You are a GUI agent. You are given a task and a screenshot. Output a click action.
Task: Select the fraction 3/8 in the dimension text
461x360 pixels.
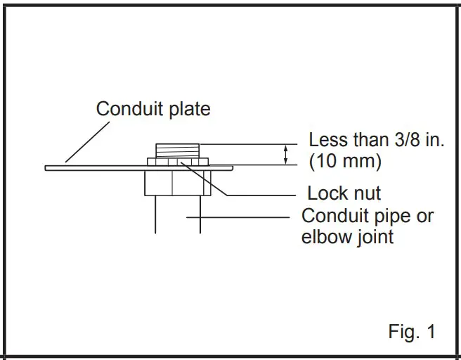pyautogui.click(x=401, y=139)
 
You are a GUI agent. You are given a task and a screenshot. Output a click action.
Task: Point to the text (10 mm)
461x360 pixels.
pyautogui.click(x=346, y=161)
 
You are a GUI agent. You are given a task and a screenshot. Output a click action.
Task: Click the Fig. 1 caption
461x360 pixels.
pyautogui.click(x=411, y=331)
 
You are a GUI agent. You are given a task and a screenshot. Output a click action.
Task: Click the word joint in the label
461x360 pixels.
pyautogui.click(x=377, y=236)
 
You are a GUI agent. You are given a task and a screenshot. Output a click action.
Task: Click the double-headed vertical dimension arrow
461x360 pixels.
pyautogui.click(x=285, y=155)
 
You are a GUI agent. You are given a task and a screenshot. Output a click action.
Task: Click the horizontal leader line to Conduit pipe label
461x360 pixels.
pyautogui.click(x=239, y=217)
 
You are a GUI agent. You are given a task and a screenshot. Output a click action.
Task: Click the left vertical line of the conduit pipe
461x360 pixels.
pyautogui.click(x=155, y=214)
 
